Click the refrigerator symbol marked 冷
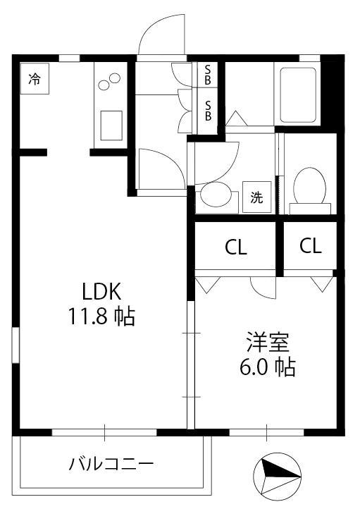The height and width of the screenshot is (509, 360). click(x=35, y=78)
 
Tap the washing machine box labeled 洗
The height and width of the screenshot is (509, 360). click(x=257, y=197)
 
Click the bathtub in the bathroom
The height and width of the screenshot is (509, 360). click(x=298, y=95)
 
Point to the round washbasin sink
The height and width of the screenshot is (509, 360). click(x=216, y=194)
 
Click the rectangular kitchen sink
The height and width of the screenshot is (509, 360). click(x=111, y=125)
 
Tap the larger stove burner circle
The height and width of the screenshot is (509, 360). click(x=104, y=85)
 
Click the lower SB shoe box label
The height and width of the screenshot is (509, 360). click(x=208, y=111)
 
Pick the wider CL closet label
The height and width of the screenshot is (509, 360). click(x=236, y=247)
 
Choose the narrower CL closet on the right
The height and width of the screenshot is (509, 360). click(x=311, y=246)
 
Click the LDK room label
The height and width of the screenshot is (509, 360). click(x=101, y=291)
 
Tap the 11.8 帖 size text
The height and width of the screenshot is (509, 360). click(x=101, y=316)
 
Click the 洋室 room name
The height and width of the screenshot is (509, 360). click(x=268, y=342)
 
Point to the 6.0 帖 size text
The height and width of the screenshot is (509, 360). click(x=268, y=367)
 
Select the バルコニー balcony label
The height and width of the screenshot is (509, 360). click(x=111, y=464)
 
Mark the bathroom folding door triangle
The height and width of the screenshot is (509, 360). click(x=236, y=118)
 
